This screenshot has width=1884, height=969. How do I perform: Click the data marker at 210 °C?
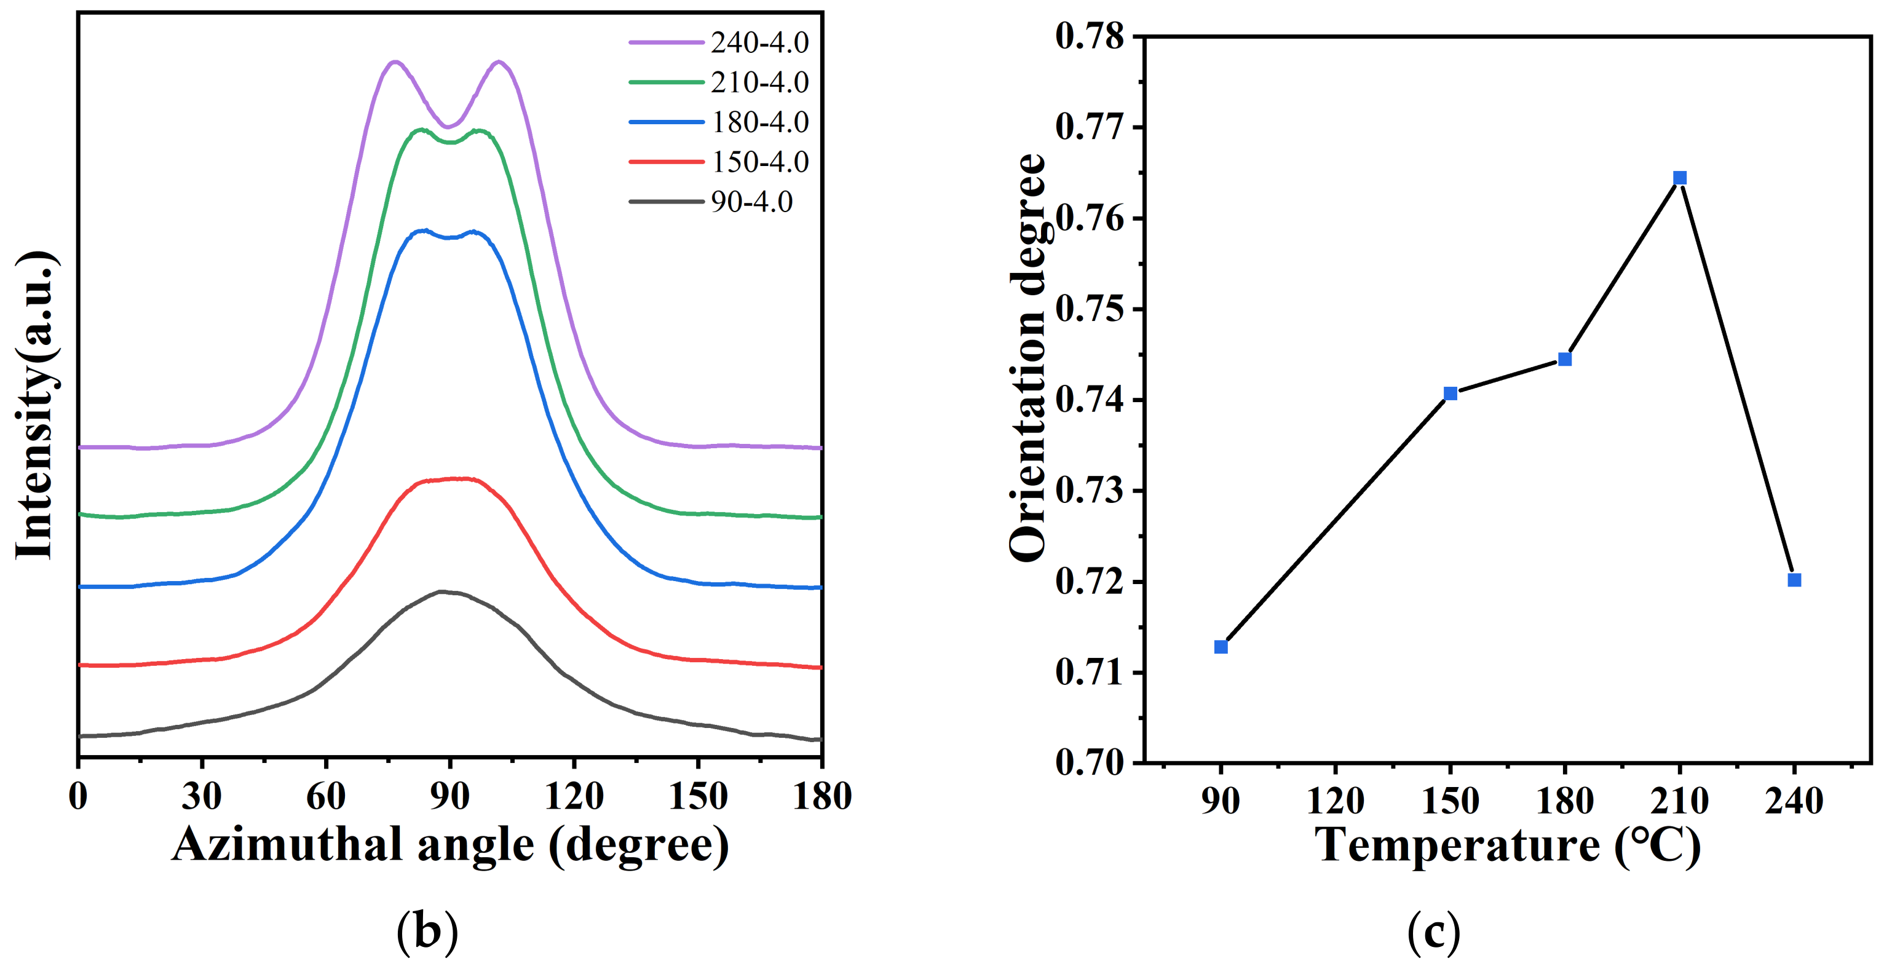click(1679, 178)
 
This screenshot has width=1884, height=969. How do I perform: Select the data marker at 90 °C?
click(1221, 646)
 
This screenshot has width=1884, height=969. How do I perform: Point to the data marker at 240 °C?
click(1794, 580)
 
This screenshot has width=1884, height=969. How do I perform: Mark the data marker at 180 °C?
click(1564, 359)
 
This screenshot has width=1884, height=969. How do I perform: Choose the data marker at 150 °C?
click(1451, 394)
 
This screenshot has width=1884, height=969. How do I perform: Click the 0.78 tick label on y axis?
click(1089, 36)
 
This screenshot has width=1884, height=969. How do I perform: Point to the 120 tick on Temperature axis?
click(1335, 800)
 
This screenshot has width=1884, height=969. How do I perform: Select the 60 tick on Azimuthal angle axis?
click(325, 796)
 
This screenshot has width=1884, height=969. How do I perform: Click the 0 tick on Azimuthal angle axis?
click(78, 796)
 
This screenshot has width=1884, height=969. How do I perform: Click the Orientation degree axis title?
click(1027, 358)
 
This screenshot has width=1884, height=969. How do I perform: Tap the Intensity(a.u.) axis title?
click(34, 406)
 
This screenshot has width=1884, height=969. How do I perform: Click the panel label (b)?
click(427, 931)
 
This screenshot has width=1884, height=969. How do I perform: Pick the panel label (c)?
click(1433, 931)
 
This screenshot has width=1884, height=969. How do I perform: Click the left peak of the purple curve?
click(395, 61)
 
